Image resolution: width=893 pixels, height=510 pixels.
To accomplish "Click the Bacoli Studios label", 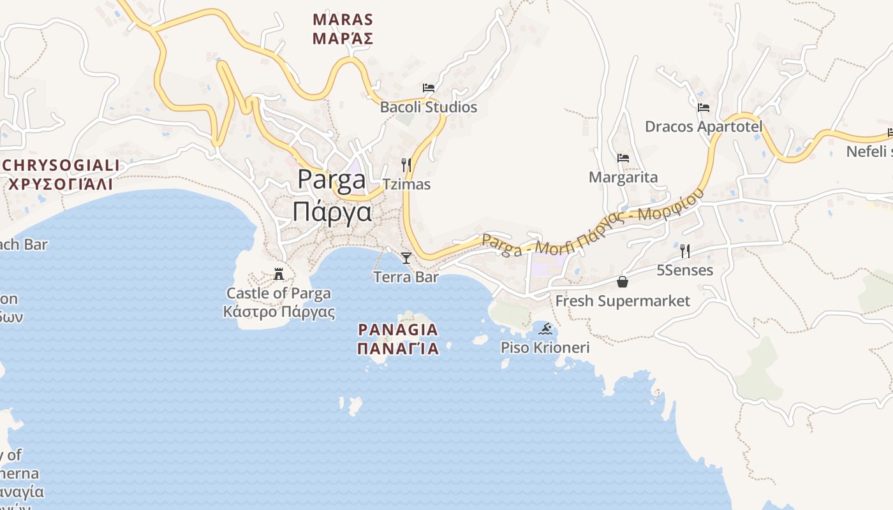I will pos(428,107).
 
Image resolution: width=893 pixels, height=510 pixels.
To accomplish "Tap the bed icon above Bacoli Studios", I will pos(429,87).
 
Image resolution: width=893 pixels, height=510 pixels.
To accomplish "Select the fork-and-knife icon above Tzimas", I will pos(406,165).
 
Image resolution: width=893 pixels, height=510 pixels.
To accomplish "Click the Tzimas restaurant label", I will pos(406,185).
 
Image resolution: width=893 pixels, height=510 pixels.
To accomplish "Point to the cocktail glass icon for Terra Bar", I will pos(406,258).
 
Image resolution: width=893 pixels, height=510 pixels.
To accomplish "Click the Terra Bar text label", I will pos(406,277).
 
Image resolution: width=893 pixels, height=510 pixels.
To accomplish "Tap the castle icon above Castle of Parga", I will pos(279,274).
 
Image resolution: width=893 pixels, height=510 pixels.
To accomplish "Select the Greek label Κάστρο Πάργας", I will pos(279,312).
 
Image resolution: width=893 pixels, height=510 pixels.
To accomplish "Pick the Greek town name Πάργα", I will pos(332,211).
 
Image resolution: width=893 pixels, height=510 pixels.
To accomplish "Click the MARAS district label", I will pos(343,20).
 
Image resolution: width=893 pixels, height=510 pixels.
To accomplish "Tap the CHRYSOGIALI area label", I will pos(61,166).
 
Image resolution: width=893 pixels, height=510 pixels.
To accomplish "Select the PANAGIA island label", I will pos(398,330).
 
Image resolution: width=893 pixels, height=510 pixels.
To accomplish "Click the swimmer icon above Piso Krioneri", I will pos(545,329).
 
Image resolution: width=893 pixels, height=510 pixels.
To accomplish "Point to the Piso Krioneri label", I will pos(545,348).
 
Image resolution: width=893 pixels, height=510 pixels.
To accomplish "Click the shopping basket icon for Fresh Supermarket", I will pos(623,282).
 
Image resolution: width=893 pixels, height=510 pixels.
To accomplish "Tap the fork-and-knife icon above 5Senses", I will pos(685,251).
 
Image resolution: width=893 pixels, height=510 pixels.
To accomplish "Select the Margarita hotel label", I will pos(623,177).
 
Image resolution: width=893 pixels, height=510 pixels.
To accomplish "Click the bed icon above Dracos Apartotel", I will pos(704,107).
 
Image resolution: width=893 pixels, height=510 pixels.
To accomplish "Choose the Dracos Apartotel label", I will pos(704,126).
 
